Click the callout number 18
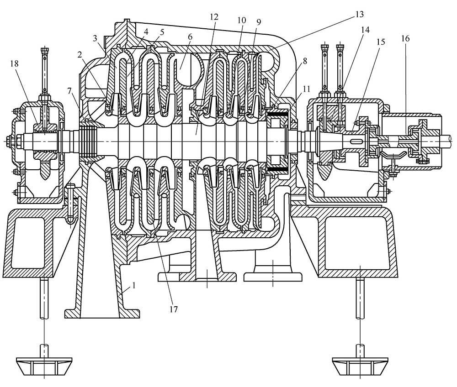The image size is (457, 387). click(x=14, y=64)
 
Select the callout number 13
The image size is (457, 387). click(x=360, y=14)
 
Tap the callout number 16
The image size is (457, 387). click(x=405, y=38)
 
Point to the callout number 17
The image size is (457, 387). click(x=173, y=309)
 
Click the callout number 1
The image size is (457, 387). click(x=134, y=285)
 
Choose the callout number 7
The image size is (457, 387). click(x=69, y=91)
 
